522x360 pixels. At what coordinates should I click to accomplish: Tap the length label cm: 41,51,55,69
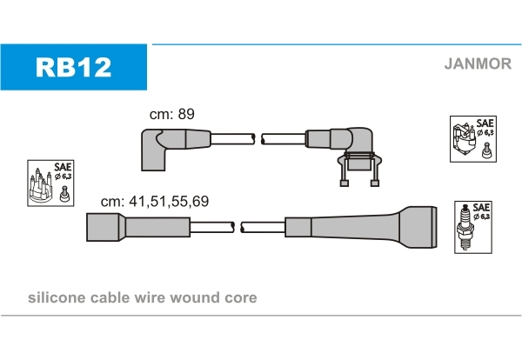click(x=154, y=201)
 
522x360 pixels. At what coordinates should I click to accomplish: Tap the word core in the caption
click(x=240, y=298)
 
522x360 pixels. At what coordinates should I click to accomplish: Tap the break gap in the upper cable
click(x=258, y=137)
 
